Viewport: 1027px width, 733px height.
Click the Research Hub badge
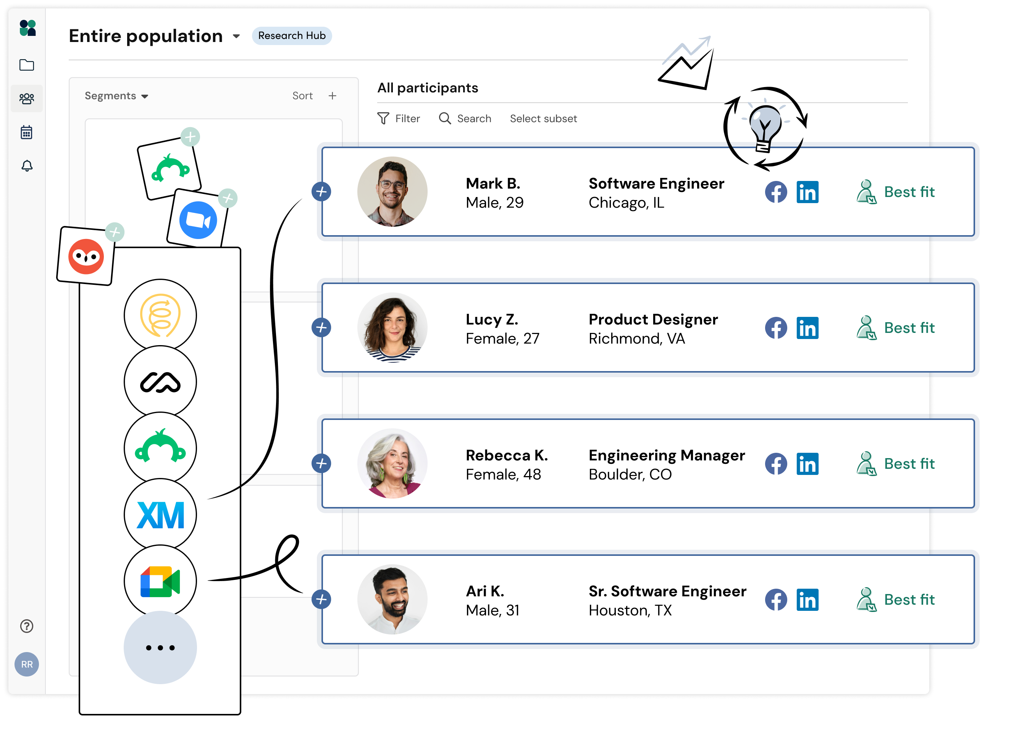pos(291,36)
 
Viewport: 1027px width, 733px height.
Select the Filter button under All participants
pos(399,119)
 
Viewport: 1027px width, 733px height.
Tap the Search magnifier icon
pos(445,118)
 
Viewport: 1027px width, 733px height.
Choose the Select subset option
pos(543,119)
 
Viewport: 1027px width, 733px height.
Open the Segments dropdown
pos(116,96)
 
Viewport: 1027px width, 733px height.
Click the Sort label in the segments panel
pos(302,96)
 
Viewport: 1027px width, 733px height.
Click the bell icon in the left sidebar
pos(27,166)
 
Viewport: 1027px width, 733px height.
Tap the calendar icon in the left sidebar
pos(27,132)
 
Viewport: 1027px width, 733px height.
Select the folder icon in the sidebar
pos(27,65)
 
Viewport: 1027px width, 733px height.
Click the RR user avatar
pos(27,664)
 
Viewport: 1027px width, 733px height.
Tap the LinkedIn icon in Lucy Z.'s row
pos(807,328)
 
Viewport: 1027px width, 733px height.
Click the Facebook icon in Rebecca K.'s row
pos(775,463)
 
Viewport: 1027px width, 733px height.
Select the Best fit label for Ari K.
pos(909,599)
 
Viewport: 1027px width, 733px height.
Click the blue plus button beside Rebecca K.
pos(321,463)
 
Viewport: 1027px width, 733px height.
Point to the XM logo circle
pos(160,515)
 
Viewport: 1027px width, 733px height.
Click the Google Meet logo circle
pos(160,581)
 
